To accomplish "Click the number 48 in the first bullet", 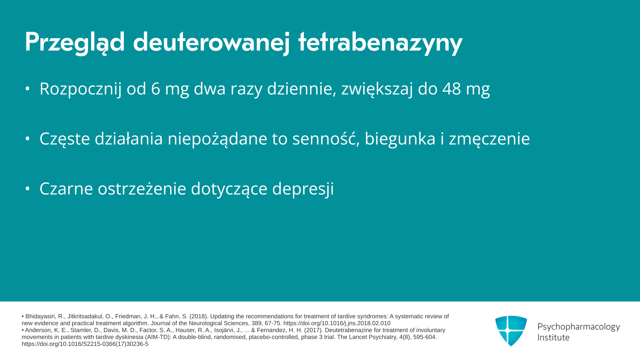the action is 452,89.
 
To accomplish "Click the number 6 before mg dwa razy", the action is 156,89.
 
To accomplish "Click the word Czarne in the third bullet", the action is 66,189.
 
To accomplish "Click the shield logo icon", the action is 511,331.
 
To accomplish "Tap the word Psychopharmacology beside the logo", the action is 579,327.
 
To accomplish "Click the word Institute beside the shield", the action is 553,337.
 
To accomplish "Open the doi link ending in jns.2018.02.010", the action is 337,323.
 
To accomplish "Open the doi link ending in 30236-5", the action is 85,344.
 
